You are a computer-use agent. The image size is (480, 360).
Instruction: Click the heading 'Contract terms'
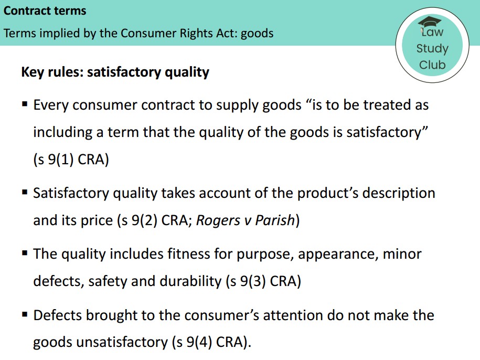[45, 10]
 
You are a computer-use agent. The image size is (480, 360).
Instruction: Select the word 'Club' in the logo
[432, 65]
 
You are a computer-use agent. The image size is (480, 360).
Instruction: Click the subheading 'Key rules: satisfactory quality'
[115, 72]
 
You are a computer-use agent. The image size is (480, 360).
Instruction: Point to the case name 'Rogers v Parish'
[246, 220]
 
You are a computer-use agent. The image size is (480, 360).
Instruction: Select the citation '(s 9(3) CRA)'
[263, 281]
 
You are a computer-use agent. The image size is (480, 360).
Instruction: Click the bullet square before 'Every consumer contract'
[25, 104]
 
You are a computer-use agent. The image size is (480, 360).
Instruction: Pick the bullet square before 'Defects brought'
[25, 315]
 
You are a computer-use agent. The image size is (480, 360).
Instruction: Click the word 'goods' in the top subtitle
[257, 34]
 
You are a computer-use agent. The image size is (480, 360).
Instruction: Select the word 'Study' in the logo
[432, 49]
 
